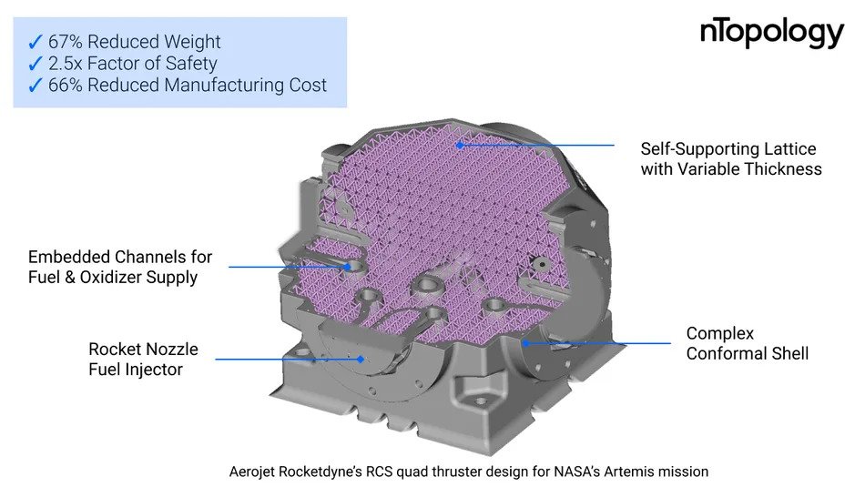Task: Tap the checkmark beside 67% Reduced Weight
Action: [x=35, y=42]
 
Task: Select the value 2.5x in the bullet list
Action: [x=65, y=64]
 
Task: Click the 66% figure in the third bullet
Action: [x=65, y=85]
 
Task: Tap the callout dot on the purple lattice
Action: [x=459, y=145]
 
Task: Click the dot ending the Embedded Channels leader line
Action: [x=347, y=267]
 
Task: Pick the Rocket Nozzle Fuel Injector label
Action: [x=143, y=359]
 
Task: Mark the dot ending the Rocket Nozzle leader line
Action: [x=361, y=359]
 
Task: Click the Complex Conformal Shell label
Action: [x=747, y=343]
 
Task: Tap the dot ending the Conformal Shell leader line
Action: [x=525, y=343]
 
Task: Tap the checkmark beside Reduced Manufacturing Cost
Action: [x=35, y=86]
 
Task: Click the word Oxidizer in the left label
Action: [x=107, y=277]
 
